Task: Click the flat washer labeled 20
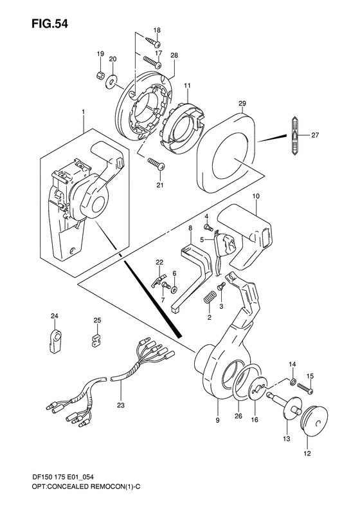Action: [113, 80]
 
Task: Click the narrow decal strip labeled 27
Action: [293, 136]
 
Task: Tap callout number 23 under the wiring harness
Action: [120, 405]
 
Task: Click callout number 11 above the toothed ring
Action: [188, 85]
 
